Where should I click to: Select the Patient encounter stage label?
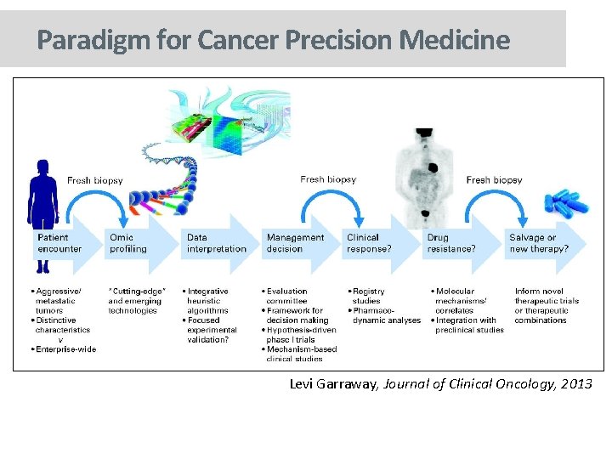pyautogui.click(x=59, y=243)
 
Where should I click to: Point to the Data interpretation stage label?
pyautogui.click(x=216, y=243)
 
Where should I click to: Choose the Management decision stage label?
pyautogui.click(x=295, y=243)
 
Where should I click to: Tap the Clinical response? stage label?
pyautogui.click(x=369, y=243)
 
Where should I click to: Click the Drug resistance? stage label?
pyautogui.click(x=450, y=243)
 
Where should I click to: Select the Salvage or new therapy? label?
pyautogui.click(x=538, y=243)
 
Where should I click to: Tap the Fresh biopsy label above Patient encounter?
pyautogui.click(x=94, y=180)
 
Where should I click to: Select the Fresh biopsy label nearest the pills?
pyautogui.click(x=494, y=180)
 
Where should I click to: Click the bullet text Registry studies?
pyautogui.click(x=368, y=296)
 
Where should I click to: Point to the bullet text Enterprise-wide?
pyautogui.click(x=66, y=348)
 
